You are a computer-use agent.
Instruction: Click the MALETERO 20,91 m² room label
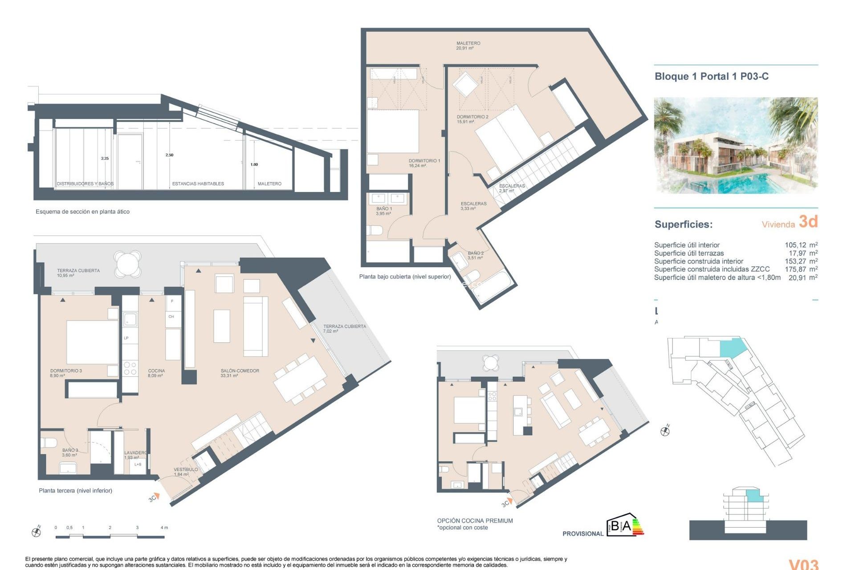[x=468, y=45]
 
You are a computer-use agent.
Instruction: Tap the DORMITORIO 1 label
[x=424, y=163]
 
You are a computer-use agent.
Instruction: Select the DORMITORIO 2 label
[x=472, y=119]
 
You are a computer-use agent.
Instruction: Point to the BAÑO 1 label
[x=384, y=211]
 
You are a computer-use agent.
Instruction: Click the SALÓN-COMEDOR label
[x=240, y=373]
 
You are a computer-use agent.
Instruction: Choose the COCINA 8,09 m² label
[x=156, y=373]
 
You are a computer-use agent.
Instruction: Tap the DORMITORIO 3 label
[x=66, y=373]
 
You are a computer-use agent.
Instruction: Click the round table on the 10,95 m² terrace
[x=128, y=263]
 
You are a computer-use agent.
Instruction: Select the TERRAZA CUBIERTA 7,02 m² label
[x=344, y=328]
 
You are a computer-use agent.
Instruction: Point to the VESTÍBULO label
[x=186, y=471]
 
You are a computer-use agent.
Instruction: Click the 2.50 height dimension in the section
[x=169, y=155]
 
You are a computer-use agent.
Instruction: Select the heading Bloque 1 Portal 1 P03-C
[x=711, y=76]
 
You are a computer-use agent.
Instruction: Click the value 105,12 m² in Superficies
[x=801, y=245]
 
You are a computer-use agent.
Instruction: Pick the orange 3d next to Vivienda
[x=808, y=222]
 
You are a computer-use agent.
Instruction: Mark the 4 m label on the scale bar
[x=164, y=528]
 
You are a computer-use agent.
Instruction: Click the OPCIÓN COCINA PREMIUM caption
[x=475, y=521]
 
